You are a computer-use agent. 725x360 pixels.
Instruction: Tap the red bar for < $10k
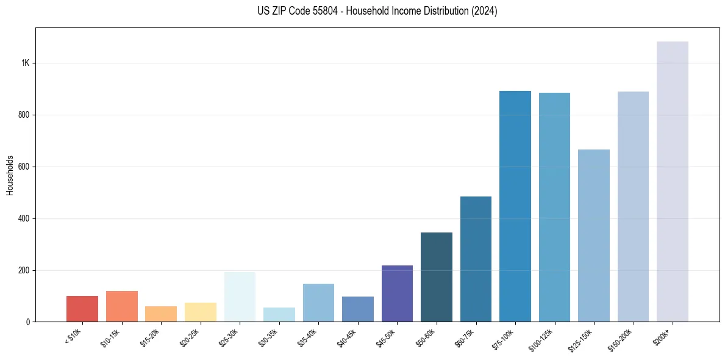point(82,309)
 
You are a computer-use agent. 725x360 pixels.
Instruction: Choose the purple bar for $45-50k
point(397,293)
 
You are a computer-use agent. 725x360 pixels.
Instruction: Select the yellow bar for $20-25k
point(200,312)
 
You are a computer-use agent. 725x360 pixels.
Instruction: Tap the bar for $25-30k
point(240,297)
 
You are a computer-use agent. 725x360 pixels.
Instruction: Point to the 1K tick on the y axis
point(25,63)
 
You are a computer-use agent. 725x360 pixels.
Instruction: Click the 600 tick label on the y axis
point(23,167)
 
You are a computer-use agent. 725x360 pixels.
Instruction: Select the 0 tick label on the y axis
point(27,322)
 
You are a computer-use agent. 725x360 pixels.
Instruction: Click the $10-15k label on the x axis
point(110,337)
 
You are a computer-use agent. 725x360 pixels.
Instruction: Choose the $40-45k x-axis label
point(346,337)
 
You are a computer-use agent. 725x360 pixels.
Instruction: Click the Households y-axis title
point(10,175)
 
